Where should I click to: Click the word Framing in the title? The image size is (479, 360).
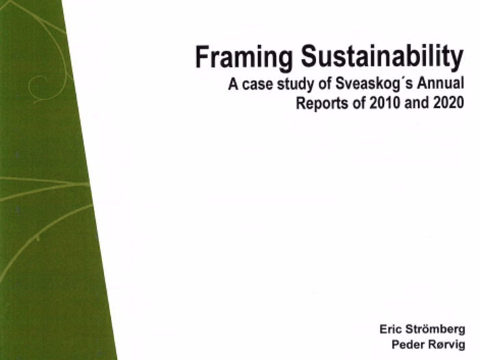236,58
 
